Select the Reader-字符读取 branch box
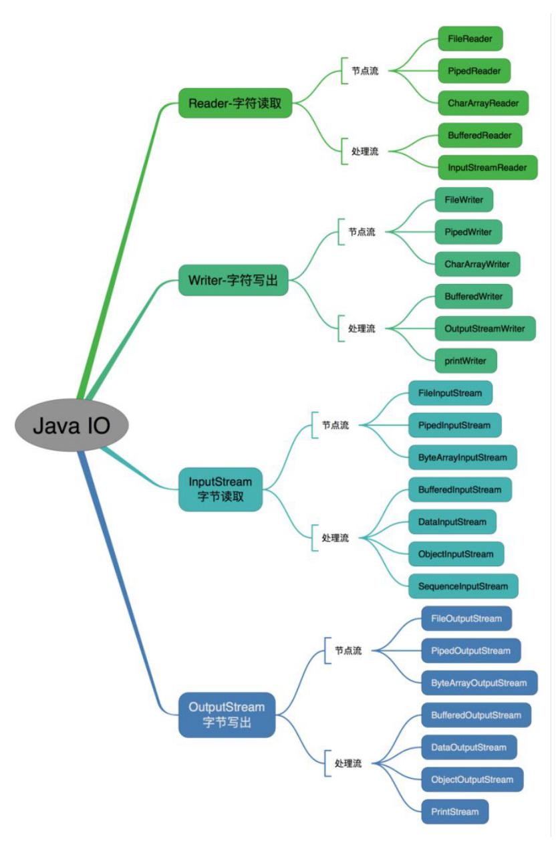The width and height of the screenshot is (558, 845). pyautogui.click(x=235, y=103)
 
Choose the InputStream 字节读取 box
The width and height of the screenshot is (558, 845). pyautogui.click(x=221, y=489)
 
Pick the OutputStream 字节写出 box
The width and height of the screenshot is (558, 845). pyautogui.click(x=227, y=715)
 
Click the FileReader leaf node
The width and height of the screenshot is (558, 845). pyautogui.click(x=470, y=39)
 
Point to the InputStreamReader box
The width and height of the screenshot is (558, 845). pyautogui.click(x=487, y=167)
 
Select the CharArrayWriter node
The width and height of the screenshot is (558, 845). pyautogui.click(x=477, y=264)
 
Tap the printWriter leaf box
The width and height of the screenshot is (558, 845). pyautogui.click(x=466, y=361)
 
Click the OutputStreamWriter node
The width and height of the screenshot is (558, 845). pyautogui.click(x=485, y=328)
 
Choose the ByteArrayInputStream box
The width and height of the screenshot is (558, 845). pyautogui.click(x=462, y=458)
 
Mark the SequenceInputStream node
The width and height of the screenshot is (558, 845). pyautogui.click(x=463, y=586)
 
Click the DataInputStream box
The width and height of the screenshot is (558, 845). pyautogui.click(x=452, y=522)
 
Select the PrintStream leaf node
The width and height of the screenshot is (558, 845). pyautogui.click(x=454, y=812)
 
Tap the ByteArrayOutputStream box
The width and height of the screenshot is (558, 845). pyautogui.click(x=479, y=683)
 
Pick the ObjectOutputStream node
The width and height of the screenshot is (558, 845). pyautogui.click(x=472, y=779)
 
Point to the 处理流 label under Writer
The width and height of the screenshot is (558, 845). pyautogui.click(x=362, y=329)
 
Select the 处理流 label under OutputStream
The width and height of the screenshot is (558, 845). pyautogui.click(x=348, y=763)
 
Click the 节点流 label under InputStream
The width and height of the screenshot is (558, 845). pyautogui.click(x=335, y=425)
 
